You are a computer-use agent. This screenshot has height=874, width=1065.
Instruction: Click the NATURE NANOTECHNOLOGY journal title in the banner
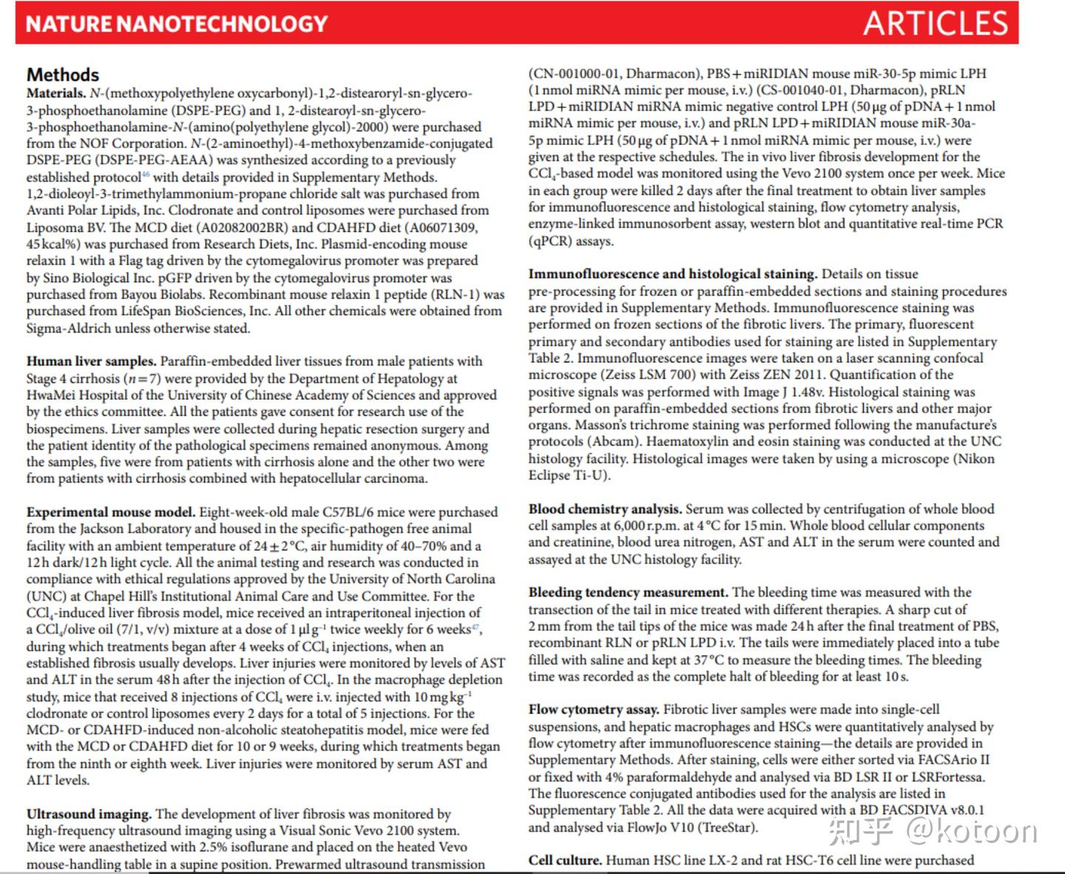pos(177,24)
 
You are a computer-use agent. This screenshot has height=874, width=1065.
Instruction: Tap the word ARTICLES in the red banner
pos(936,24)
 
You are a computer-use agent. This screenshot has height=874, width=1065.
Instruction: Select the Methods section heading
pos(63,75)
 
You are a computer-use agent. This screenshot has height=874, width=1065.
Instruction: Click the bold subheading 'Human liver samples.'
pos(92,361)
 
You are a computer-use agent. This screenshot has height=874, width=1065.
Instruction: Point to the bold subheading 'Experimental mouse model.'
pos(111,512)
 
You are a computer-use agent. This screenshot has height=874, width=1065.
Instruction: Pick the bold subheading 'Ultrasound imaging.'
pos(89,814)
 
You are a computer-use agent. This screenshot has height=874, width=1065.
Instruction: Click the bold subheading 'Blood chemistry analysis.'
pos(605,509)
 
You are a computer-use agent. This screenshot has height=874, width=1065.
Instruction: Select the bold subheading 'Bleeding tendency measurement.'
pos(629,593)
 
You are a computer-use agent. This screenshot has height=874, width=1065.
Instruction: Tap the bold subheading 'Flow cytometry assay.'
pos(594,710)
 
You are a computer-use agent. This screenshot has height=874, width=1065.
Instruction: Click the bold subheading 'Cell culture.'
pos(565,861)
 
